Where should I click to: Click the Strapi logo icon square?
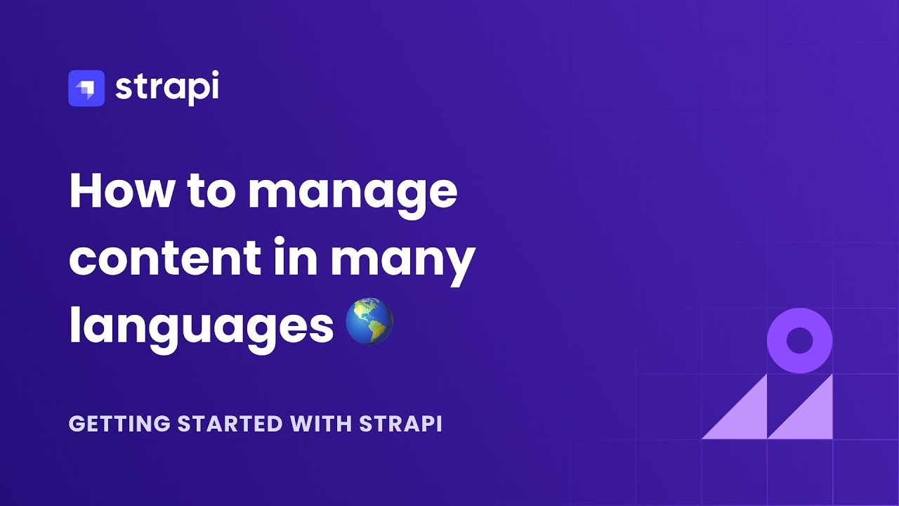point(86,88)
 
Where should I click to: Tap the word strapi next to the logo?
point(166,88)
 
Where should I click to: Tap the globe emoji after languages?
point(369,321)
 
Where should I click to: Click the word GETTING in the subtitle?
point(119,424)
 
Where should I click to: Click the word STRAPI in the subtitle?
point(400,424)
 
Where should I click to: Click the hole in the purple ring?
point(799,341)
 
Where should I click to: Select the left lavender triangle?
point(744,418)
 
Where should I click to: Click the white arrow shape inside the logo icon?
point(86,88)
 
